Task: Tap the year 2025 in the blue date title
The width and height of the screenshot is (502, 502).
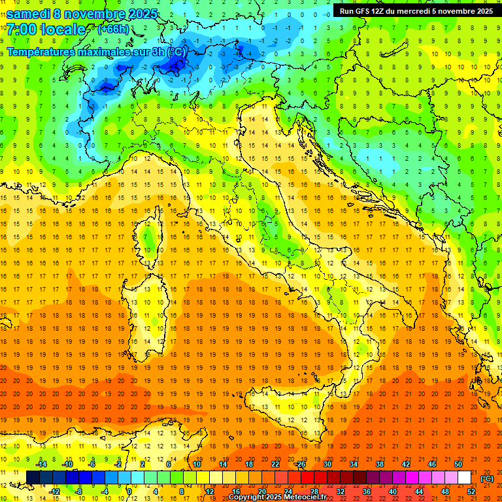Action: (x=142, y=14)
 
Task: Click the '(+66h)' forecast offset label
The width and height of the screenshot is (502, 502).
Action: (x=113, y=29)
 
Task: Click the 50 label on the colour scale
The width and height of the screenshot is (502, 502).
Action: (x=458, y=463)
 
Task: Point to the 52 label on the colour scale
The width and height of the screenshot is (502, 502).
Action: (x=471, y=492)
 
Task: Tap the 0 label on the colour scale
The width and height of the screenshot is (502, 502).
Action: (x=129, y=492)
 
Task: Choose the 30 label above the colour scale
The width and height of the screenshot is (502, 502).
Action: (x=327, y=463)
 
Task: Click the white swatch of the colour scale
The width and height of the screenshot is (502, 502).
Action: (x=464, y=477)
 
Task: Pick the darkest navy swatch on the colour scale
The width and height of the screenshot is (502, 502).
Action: (x=33, y=477)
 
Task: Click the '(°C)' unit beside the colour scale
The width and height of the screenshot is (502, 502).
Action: (x=487, y=478)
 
